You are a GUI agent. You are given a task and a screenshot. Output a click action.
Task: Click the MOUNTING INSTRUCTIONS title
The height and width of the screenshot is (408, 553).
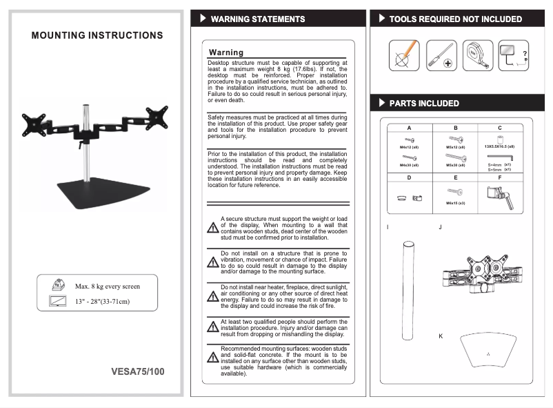point(97,35)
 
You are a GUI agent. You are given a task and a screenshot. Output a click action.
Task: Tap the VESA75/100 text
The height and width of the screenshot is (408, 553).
point(138,371)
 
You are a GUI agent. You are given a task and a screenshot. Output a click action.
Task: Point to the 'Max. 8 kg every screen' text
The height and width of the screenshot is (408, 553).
point(107,286)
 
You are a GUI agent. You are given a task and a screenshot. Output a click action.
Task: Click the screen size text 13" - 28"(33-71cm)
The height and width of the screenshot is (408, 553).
point(102,301)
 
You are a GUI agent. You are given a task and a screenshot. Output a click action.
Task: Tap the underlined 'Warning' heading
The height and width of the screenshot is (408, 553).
point(226,52)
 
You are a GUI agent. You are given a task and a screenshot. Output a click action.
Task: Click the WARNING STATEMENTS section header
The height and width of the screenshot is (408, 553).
point(257,19)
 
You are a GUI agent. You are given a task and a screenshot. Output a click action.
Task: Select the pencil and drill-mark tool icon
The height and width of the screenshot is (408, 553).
point(405,54)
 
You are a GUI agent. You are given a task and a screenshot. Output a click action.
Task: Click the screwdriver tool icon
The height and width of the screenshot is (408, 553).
point(441,54)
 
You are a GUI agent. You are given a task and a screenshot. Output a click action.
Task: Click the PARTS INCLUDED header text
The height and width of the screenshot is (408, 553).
point(423,104)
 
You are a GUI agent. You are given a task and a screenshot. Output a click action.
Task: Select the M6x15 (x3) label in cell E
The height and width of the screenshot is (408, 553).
point(456,203)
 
